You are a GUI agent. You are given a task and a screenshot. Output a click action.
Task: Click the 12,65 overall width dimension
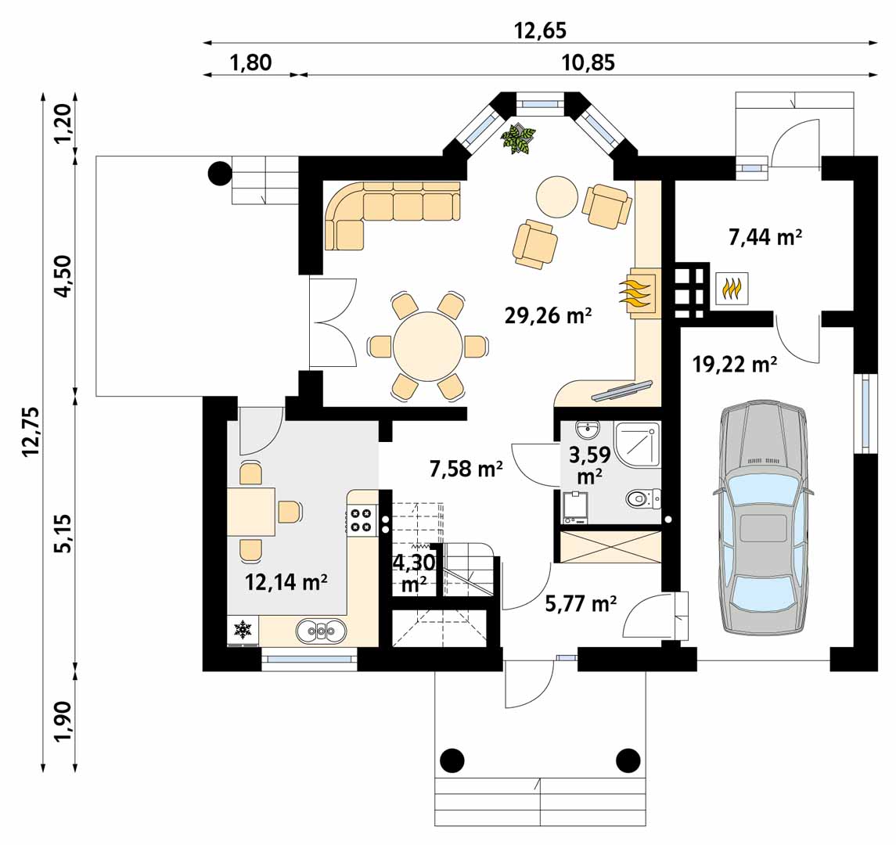[x=540, y=31]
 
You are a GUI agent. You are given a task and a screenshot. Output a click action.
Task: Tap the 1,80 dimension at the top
[x=250, y=63]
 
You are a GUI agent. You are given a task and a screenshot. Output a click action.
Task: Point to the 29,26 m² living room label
[x=548, y=315]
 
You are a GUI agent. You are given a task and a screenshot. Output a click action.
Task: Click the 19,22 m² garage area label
[x=734, y=363]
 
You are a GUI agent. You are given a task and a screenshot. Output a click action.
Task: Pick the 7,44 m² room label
[x=765, y=236]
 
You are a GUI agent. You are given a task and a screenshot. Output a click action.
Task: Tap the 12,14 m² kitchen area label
[x=286, y=582]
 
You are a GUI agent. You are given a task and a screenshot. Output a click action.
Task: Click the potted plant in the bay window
[x=518, y=138]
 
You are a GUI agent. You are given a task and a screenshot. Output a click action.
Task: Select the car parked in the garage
[x=763, y=518]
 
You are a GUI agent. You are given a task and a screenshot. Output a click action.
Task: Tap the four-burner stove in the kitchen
[x=361, y=520]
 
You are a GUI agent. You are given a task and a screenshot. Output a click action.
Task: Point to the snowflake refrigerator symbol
[x=243, y=630]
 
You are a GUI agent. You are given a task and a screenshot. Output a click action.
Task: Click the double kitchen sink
[x=321, y=631]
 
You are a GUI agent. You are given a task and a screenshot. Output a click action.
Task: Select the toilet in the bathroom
[x=643, y=498]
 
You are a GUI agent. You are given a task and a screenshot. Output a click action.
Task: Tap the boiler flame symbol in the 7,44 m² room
[x=732, y=288]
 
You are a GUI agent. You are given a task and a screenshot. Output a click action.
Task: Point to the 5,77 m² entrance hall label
[x=581, y=603]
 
